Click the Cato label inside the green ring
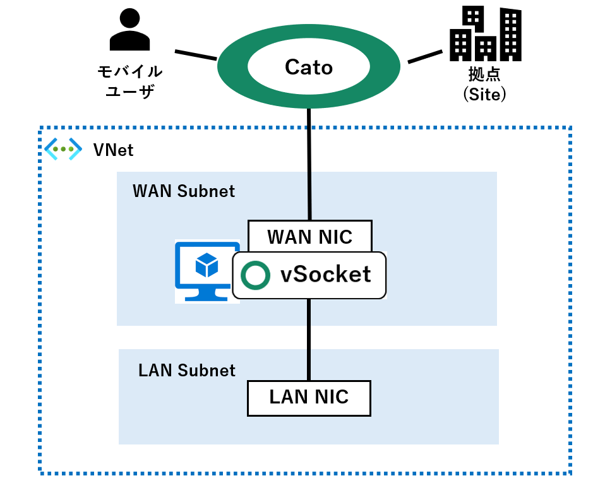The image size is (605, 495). click(309, 67)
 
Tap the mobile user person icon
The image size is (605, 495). click(129, 32)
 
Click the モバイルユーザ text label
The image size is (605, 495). click(129, 81)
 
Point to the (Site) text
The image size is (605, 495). click(485, 94)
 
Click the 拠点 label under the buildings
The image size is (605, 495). click(484, 75)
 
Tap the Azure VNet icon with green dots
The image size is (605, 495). click(63, 150)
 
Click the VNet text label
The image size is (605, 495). click(113, 150)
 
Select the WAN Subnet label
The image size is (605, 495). click(183, 191)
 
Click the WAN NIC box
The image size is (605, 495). click(309, 236)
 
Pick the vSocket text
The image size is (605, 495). click(325, 275)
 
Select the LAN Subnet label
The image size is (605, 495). click(186, 370)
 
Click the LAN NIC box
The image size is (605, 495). click(309, 397)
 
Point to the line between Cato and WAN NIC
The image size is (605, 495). click(309, 164)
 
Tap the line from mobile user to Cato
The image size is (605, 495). click(196, 56)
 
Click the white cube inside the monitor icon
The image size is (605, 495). click(207, 265)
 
